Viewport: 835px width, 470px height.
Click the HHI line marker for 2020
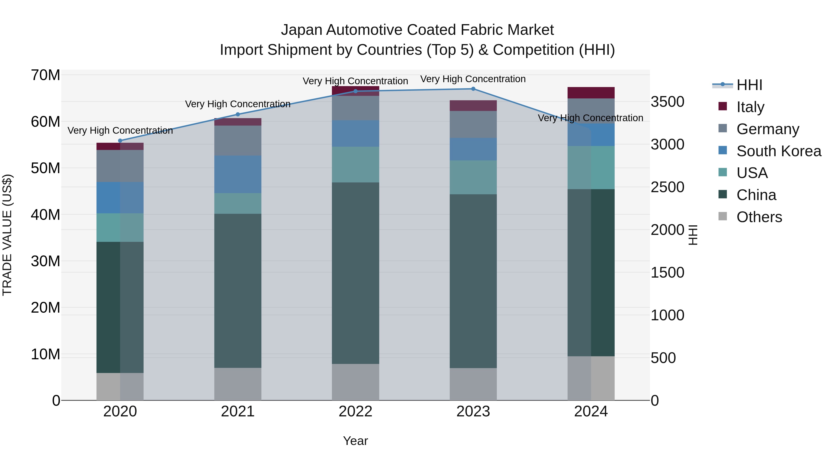pyautogui.click(x=120, y=141)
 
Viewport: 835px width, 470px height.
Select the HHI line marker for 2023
pyautogui.click(x=473, y=89)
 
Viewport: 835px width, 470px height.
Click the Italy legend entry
pyautogui.click(x=750, y=107)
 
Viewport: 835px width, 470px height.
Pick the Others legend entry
pyautogui.click(x=759, y=217)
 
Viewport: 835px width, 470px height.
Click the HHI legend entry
pyautogui.click(x=749, y=85)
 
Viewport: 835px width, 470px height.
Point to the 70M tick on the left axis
pyautogui.click(x=45, y=75)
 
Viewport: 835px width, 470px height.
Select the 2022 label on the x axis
pyautogui.click(x=355, y=412)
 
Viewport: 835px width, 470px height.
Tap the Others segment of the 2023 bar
pyautogui.click(x=473, y=384)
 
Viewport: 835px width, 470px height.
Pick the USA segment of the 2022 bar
pyautogui.click(x=355, y=165)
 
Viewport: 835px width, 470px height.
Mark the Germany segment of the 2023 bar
pyautogui.click(x=473, y=125)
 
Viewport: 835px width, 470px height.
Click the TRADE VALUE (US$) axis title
pyautogui.click(x=7, y=235)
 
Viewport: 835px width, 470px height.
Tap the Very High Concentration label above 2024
pyautogui.click(x=590, y=118)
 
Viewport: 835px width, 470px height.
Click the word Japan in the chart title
pyautogui.click(x=302, y=30)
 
